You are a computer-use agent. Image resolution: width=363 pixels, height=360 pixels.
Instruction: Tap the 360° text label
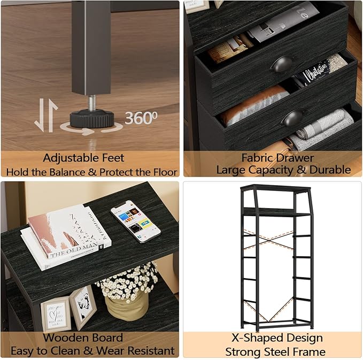pos(141,118)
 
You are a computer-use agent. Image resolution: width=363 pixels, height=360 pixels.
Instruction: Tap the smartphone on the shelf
pos(135,219)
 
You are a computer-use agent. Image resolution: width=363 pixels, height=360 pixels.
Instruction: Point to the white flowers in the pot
pos(127,281)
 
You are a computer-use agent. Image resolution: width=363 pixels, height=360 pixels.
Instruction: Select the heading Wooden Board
pos(83,338)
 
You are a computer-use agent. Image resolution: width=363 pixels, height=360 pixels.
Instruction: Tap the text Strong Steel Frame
pos(275,351)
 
